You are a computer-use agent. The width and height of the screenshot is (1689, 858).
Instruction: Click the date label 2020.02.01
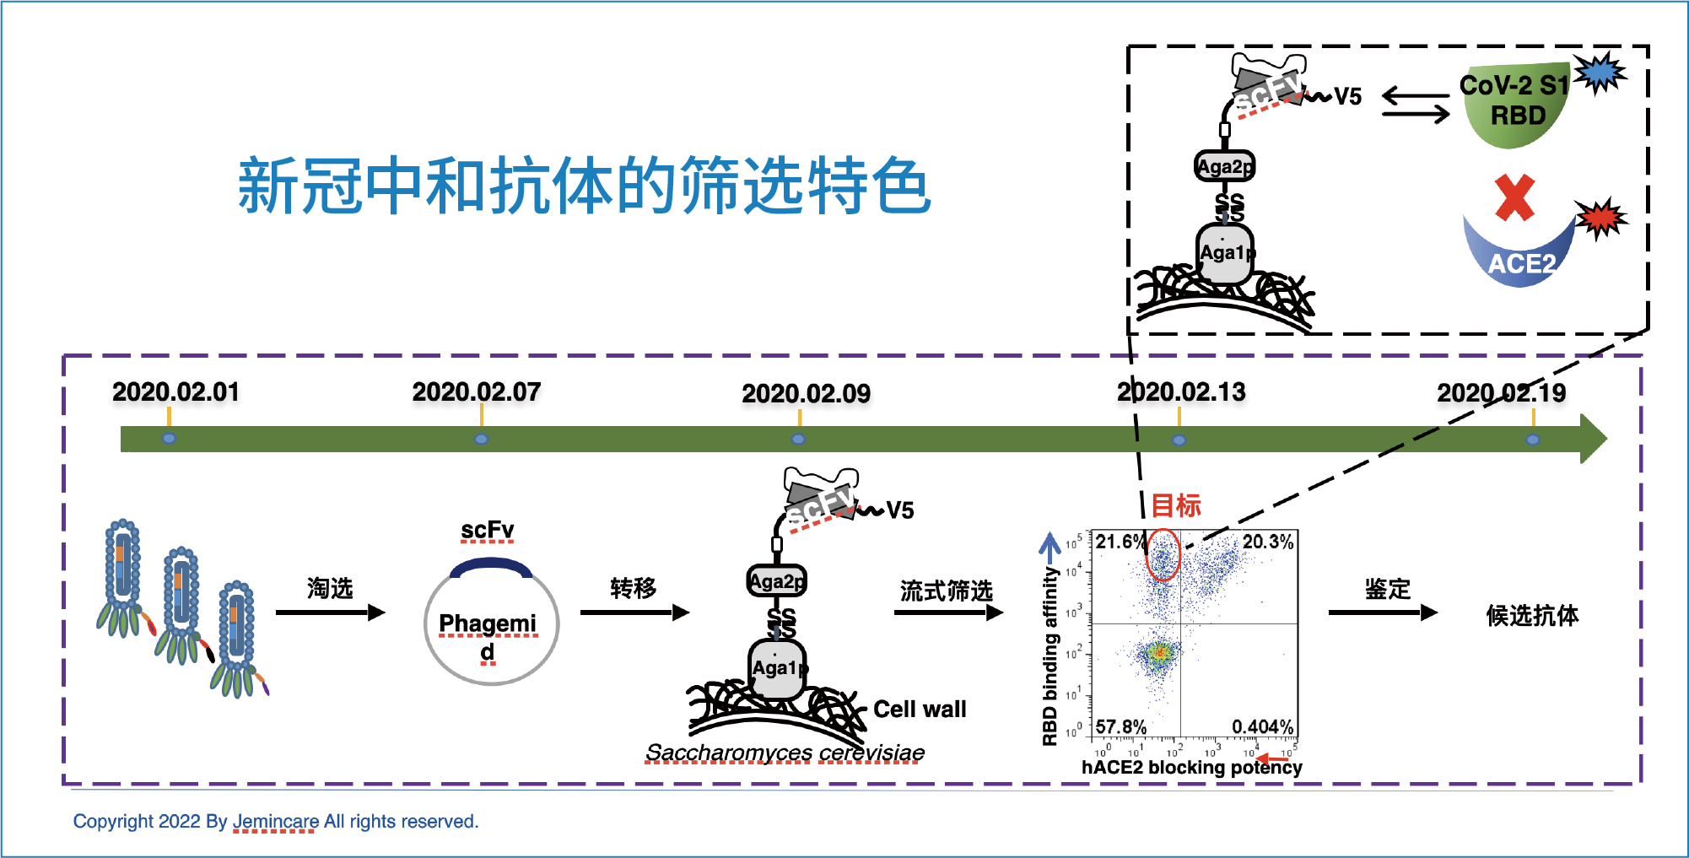175,392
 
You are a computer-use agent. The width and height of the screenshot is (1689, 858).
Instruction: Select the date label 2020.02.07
476,392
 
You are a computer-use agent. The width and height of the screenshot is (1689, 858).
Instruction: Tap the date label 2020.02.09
806,394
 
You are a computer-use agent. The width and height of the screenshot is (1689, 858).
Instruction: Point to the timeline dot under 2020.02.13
1179,440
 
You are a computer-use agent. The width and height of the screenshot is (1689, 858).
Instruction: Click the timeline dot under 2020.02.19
1533,440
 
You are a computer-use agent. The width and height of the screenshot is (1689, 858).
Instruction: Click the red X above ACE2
1514,198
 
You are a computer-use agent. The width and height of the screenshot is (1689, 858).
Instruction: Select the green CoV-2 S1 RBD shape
1515,106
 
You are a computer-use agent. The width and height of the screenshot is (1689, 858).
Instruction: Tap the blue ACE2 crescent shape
1519,257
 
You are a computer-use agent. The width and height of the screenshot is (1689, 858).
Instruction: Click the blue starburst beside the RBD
1600,73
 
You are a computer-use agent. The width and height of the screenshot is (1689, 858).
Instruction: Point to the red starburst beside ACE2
1600,219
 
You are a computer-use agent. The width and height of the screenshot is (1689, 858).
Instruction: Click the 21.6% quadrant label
1120,542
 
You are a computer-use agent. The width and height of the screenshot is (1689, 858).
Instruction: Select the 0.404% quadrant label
1262,727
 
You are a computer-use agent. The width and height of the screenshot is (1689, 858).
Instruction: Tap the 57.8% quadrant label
1120,727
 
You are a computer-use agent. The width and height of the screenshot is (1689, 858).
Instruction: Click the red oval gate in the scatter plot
1163,554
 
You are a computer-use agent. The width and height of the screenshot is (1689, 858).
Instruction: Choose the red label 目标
1176,506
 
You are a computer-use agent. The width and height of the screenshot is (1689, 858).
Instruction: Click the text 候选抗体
1532,616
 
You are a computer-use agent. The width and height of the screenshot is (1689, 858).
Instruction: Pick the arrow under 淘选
330,612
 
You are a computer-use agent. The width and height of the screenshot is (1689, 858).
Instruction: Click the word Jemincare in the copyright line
275,822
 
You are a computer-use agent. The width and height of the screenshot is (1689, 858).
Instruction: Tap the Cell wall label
920,710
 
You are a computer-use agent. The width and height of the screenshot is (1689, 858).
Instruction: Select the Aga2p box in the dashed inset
1225,166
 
